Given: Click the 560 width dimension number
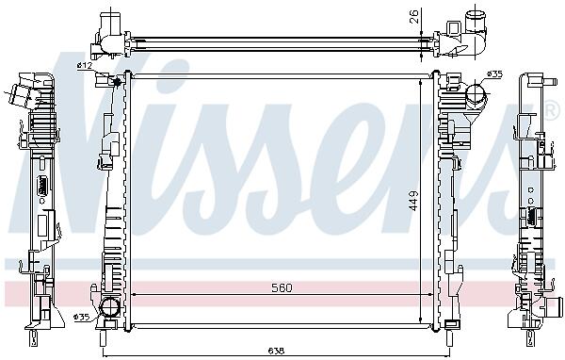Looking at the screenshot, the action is click(282, 287).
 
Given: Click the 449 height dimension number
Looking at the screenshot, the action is click(413, 201).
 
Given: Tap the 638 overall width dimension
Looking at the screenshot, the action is click(276, 351).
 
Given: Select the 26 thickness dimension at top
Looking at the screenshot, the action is click(414, 17).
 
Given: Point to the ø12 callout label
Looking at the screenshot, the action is click(85, 65).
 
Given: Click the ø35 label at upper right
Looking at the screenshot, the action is click(494, 74).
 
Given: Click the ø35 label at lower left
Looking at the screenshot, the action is click(81, 318).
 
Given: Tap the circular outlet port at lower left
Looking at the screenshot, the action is click(109, 308).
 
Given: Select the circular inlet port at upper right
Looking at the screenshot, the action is click(476, 93).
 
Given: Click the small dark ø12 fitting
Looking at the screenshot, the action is click(117, 82).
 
